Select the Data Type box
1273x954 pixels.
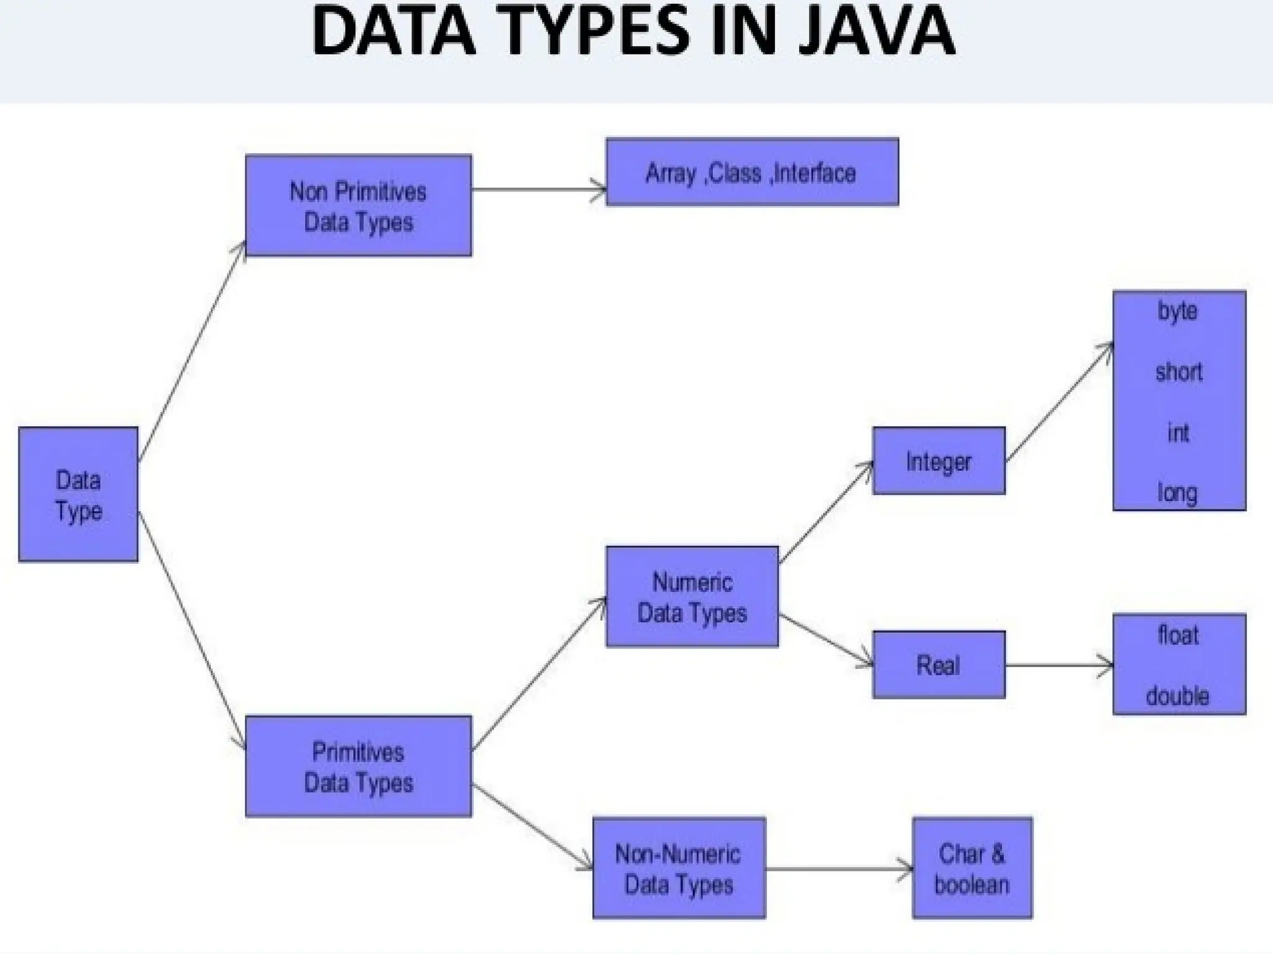pyautogui.click(x=78, y=494)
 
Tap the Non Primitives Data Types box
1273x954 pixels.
pyautogui.click(x=359, y=206)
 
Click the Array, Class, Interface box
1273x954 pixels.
pyautogui.click(x=752, y=172)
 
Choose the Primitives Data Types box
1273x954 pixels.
pyautogui.click(x=359, y=766)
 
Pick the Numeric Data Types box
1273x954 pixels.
pyautogui.click(x=692, y=597)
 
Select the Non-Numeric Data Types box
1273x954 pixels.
pyautogui.click(x=679, y=868)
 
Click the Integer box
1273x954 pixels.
pyautogui.click(x=939, y=461)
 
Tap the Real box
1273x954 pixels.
pyautogui.click(x=939, y=665)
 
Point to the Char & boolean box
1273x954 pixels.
pyautogui.click(x=972, y=868)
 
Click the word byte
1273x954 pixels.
pyautogui.click(x=1178, y=311)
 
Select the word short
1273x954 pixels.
pyautogui.click(x=1179, y=372)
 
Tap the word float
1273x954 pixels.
pyautogui.click(x=1179, y=635)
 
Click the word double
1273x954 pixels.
pyautogui.click(x=1178, y=696)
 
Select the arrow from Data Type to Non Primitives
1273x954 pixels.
pyautogui.click(x=192, y=352)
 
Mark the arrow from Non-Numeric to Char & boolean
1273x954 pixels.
pyautogui.click(x=839, y=868)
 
